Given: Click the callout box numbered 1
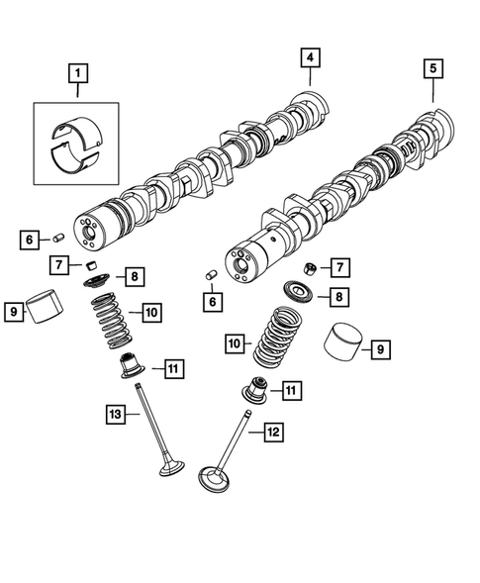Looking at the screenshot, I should tap(77, 72).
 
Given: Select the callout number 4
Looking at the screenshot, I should tap(310, 59).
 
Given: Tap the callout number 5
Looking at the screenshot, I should tap(432, 69).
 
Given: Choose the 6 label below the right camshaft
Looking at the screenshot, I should tap(211, 301).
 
